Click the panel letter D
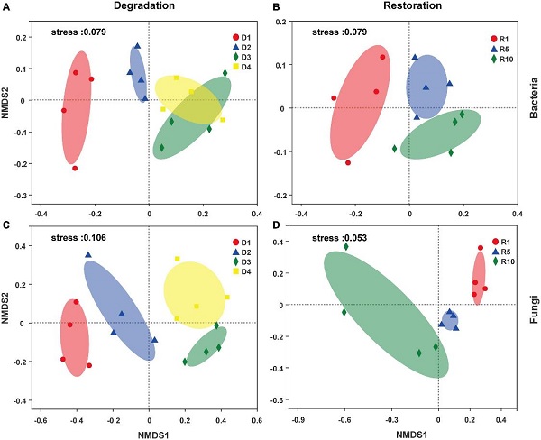pos(277,224)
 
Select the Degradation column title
pos(143,7)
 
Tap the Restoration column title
pos(407,7)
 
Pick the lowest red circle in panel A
pos(75,168)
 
